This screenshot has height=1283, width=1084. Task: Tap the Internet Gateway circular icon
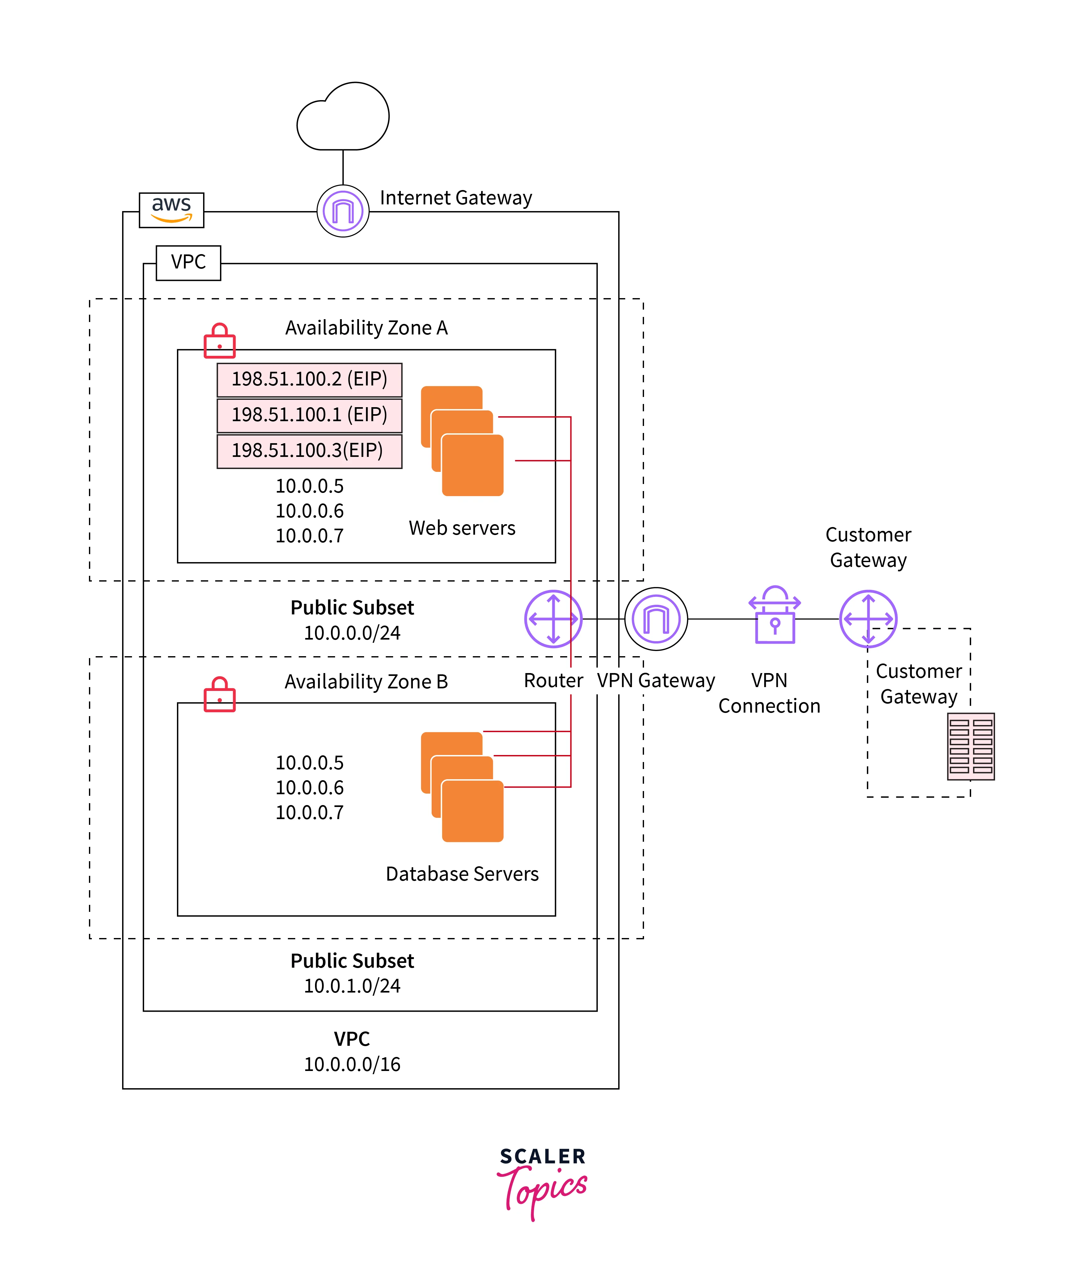(343, 211)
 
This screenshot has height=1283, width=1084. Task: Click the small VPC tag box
(188, 262)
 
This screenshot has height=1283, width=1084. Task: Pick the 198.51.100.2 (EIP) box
(309, 379)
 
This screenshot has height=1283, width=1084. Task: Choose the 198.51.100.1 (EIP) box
(309, 415)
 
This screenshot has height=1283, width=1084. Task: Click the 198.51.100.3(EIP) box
(309, 451)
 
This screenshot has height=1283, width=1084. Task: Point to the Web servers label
(462, 528)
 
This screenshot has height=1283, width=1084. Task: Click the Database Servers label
(462, 874)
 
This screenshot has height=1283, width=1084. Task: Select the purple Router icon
(553, 619)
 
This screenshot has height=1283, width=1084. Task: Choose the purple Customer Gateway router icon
(868, 619)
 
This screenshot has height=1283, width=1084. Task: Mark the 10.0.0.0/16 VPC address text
(352, 1064)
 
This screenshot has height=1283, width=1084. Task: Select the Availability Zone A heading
(366, 328)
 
